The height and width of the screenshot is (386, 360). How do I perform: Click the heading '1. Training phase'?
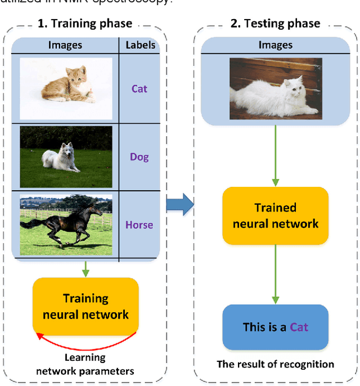click(84, 24)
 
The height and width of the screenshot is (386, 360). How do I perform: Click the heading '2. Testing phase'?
click(275, 24)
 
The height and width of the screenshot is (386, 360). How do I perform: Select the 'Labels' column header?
click(140, 44)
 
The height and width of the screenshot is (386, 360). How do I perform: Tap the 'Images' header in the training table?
click(65, 44)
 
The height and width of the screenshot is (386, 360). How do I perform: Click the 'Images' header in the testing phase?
click(275, 44)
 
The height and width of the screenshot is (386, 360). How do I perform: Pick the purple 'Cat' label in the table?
click(139, 88)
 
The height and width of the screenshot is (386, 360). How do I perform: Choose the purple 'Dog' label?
click(139, 157)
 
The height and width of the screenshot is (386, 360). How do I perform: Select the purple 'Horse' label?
click(139, 225)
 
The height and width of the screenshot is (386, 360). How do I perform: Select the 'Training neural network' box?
click(85, 307)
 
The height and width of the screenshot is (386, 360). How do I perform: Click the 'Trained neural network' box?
click(275, 216)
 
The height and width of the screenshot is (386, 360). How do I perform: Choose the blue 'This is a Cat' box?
click(275, 327)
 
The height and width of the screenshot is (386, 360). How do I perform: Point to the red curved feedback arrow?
click(84, 342)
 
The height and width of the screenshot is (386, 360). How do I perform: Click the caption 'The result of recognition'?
click(275, 364)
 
